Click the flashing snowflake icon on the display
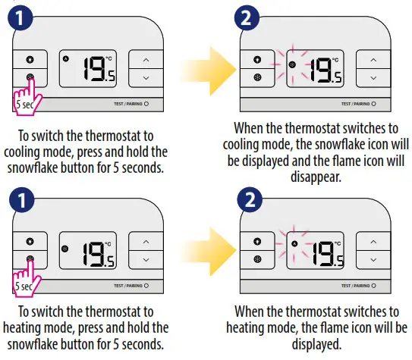point(293,65)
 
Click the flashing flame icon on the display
point(293,243)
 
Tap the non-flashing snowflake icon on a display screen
point(65,247)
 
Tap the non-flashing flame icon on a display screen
point(65,59)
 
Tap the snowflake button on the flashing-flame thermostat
point(257,258)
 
